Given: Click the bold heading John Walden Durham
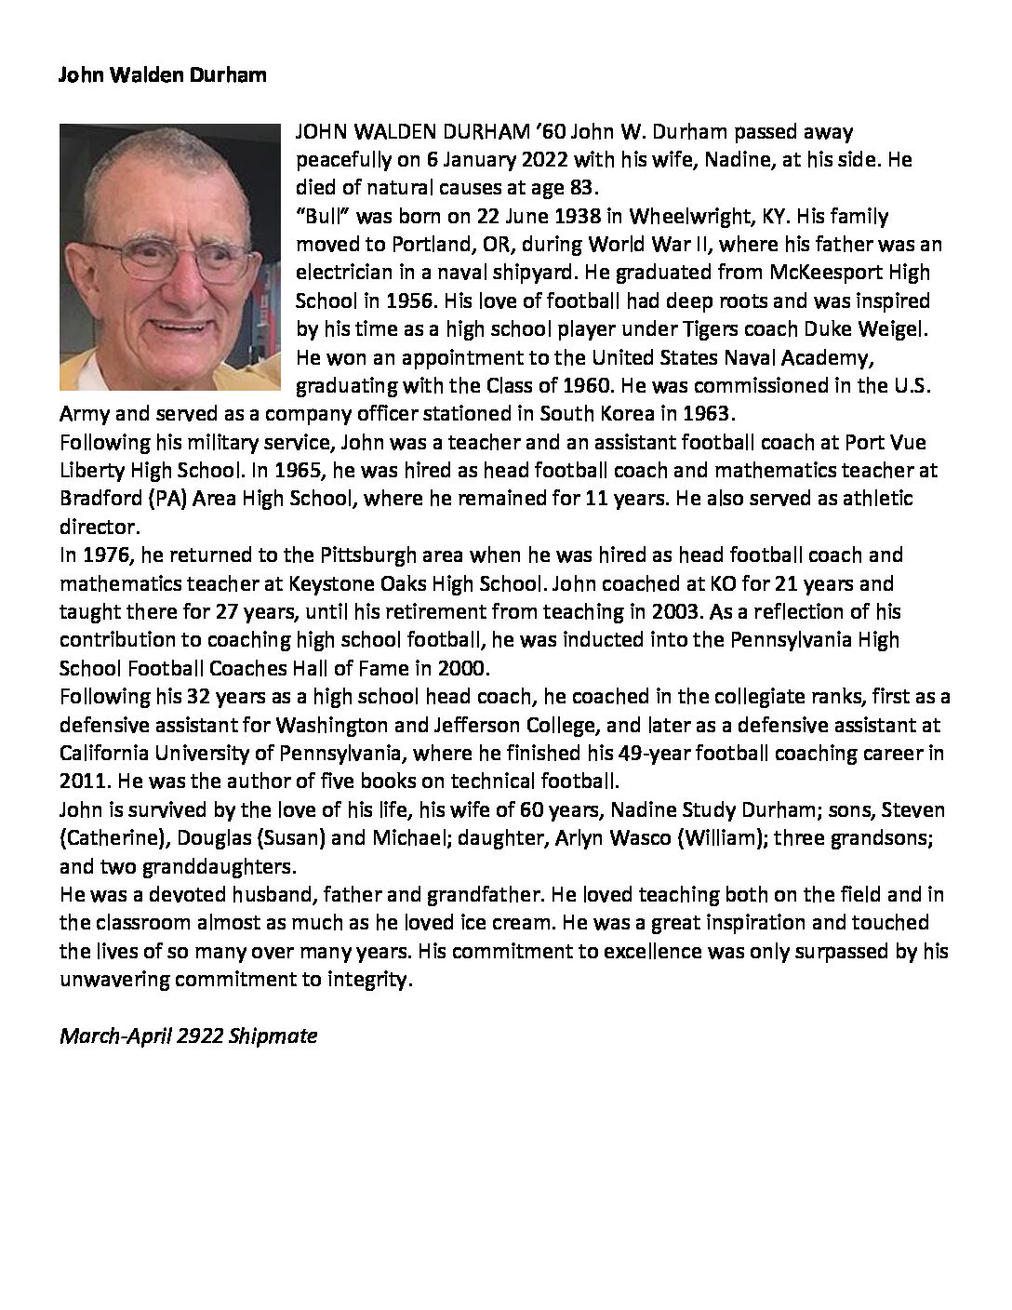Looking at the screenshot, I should pos(163,75).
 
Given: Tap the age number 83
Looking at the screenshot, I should pos(579,188).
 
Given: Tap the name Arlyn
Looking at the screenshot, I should pos(581,838).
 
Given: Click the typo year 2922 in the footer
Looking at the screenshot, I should pos(198,1036).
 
